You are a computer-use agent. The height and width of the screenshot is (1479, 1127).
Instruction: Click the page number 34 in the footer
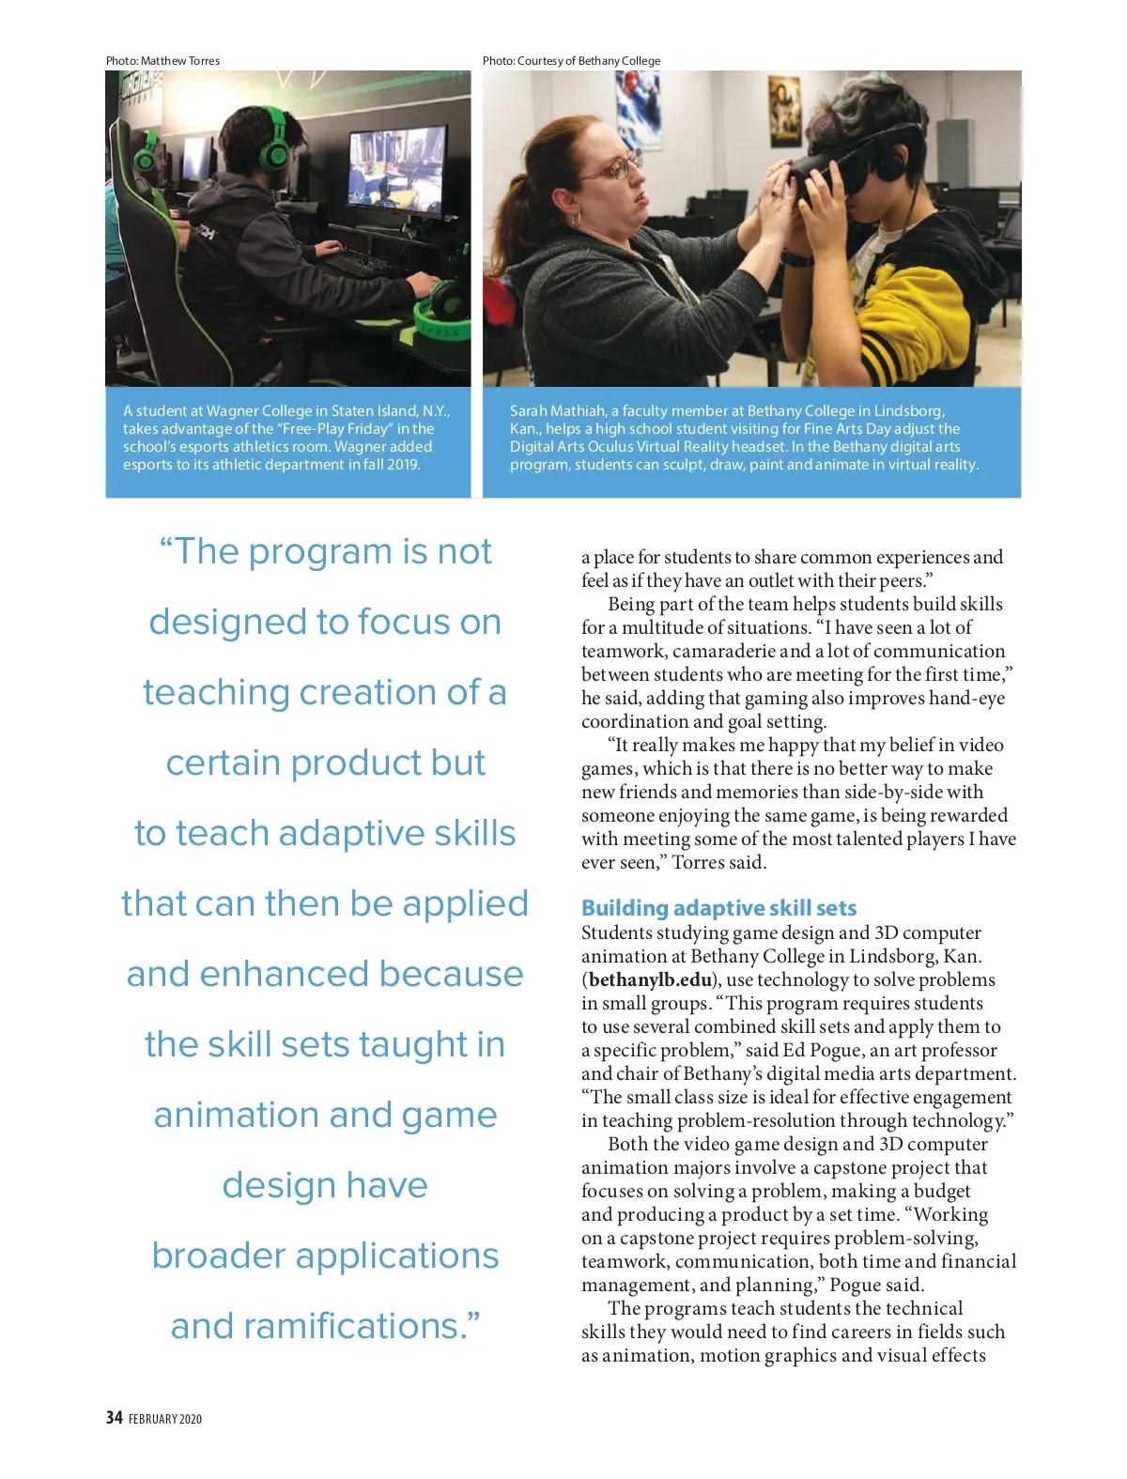[x=114, y=1417]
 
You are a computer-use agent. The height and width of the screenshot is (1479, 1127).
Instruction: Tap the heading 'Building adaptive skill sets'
[x=718, y=908]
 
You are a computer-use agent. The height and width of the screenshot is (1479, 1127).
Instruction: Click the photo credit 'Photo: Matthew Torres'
[x=162, y=61]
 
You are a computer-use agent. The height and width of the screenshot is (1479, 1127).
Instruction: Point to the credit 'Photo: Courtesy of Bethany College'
[x=571, y=61]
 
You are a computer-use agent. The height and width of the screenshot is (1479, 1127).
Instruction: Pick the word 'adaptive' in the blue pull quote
[x=345, y=833]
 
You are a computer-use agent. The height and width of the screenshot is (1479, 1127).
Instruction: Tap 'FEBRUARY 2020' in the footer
[x=165, y=1419]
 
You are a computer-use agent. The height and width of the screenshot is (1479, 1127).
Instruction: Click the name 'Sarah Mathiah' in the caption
[x=557, y=410]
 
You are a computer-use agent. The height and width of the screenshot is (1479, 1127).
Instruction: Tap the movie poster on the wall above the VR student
[x=784, y=108]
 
